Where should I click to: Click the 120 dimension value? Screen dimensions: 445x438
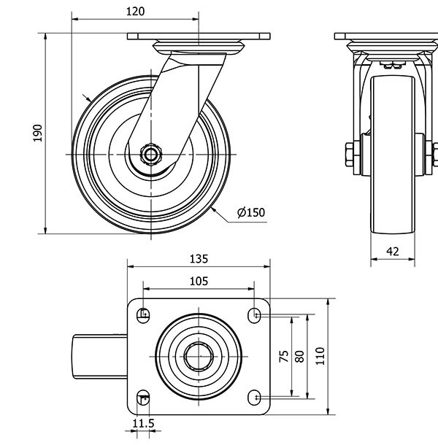coord(135,11)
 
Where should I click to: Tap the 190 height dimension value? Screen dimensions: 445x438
coord(39,132)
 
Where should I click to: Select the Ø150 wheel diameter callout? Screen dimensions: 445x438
coord(250,213)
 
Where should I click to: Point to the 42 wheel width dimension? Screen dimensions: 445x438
coord(392,251)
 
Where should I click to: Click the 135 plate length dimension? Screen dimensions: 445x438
coord(199,258)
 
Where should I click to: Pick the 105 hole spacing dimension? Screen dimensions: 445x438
coord(199,281)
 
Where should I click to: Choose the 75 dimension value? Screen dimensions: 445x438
coord(284,356)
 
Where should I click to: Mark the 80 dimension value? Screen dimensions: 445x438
coord(299,356)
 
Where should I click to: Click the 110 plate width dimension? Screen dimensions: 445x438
coord(319,356)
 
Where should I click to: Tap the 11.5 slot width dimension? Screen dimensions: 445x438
coord(143,423)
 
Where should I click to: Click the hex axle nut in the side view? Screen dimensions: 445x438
coord(150,154)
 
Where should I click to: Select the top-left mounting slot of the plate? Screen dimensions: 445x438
coord(144,314)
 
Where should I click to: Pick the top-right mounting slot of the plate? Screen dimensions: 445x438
coord(255,314)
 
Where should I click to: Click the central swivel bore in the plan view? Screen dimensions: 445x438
coord(199,356)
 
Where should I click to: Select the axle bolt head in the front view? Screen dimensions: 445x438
coord(347,154)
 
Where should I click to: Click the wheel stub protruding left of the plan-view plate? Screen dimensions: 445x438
coord(100,356)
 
